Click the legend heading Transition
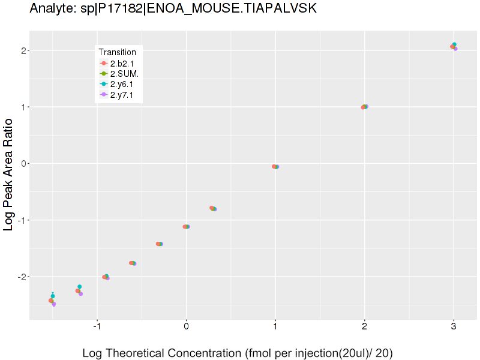coord(117,52)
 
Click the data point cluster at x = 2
coord(364,107)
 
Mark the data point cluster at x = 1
coord(275,167)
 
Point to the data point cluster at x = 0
coord(186,227)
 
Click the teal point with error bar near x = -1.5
coord(53,296)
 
